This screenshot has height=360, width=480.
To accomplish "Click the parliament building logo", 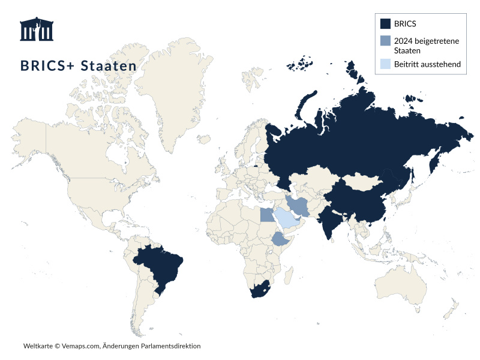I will point(36,29).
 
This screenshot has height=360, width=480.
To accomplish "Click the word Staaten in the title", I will point(109,65).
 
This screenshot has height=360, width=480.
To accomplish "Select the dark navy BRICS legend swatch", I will point(386,24).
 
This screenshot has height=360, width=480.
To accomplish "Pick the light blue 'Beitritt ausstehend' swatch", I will point(386,64).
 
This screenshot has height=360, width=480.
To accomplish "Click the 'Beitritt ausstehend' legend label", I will point(427,64).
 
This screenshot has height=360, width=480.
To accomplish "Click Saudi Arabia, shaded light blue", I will point(287,219).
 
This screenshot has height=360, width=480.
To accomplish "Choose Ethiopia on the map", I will point(281,241).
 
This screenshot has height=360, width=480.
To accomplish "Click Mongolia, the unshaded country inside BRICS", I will point(362,181).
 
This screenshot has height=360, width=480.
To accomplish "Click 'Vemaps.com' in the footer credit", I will point(80,346).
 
